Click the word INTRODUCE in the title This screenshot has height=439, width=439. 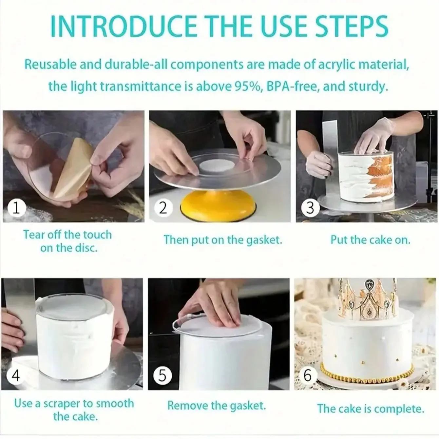click(123, 26)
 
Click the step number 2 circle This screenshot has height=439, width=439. click(163, 208)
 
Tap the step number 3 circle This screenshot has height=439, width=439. click(310, 208)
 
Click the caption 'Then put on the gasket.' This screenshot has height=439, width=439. click(223, 240)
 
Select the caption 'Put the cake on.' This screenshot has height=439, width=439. click(370, 239)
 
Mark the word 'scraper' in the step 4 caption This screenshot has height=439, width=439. click(62, 404)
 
